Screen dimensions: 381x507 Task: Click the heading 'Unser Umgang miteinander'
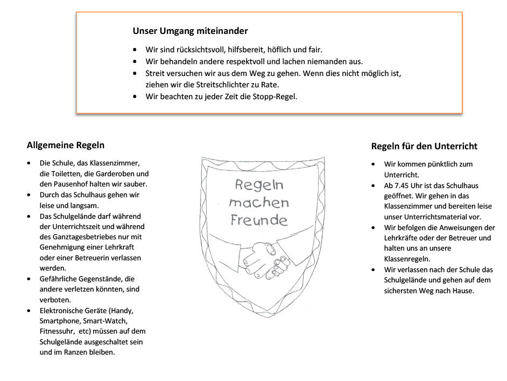click(x=190, y=31)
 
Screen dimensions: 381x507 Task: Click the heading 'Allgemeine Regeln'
click(x=66, y=145)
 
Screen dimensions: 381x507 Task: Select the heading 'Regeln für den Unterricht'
click(x=424, y=146)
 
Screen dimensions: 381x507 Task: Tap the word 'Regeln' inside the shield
click(x=259, y=185)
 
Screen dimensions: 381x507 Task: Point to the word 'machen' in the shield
click(x=258, y=203)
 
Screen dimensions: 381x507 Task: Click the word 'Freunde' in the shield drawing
click(x=259, y=220)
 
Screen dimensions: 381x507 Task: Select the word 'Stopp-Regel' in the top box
click(x=274, y=97)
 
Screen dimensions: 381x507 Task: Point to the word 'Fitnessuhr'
click(x=58, y=331)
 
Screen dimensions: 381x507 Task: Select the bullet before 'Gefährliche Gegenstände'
click(x=29, y=279)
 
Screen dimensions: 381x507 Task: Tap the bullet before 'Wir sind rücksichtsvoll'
click(x=135, y=50)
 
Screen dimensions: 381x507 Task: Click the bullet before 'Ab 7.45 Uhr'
click(x=373, y=185)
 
